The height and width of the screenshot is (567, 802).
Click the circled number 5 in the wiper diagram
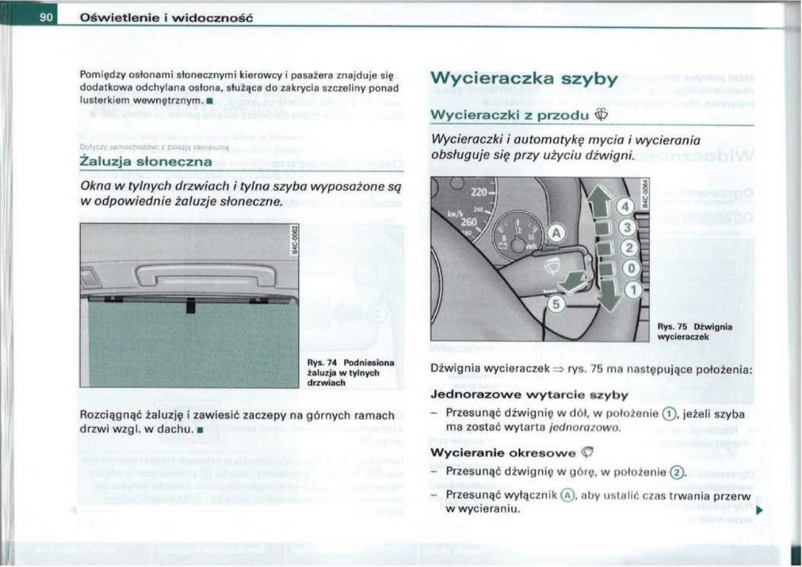click(x=554, y=305)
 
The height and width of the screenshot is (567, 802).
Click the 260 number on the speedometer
click(x=468, y=222)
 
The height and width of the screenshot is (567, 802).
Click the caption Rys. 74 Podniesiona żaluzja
click(x=351, y=372)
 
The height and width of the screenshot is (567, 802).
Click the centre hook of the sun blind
click(x=190, y=306)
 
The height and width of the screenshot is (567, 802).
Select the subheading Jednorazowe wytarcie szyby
click(x=529, y=395)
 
